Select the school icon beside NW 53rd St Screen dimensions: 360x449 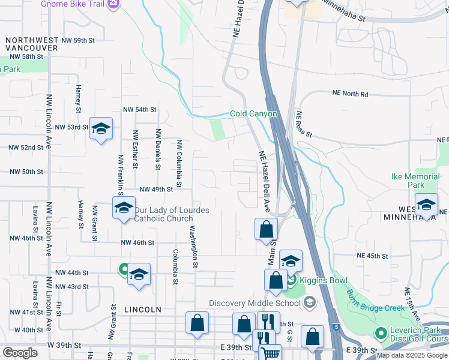tap(101, 128)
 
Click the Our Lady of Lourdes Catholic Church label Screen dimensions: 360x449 tap(171, 214)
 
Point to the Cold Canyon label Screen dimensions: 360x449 tap(254, 114)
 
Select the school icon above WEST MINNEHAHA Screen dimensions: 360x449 tap(426, 205)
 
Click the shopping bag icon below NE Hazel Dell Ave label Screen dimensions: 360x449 tap(266, 229)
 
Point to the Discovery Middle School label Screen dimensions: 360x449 tap(256, 302)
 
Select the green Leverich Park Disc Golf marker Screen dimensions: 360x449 tap(379, 332)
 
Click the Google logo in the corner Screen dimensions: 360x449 tap(20, 353)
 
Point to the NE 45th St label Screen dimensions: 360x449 tap(372, 256)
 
